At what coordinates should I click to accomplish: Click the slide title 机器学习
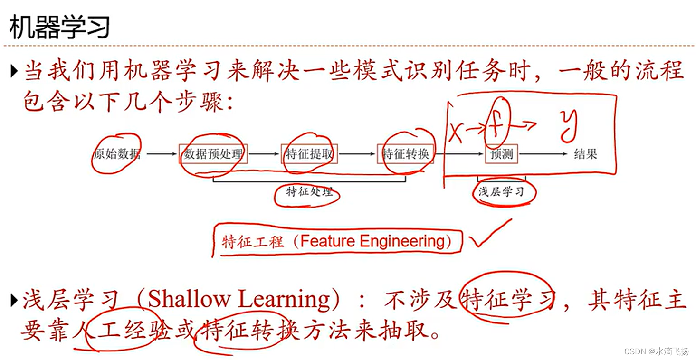59,27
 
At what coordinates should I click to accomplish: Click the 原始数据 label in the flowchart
117,154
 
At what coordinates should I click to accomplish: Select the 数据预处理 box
213,154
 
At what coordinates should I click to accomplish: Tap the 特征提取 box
309,154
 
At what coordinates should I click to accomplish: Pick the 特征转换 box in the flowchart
405,154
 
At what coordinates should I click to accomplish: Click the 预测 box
502,154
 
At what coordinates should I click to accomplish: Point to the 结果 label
585,154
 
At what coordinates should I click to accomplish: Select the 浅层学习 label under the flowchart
501,192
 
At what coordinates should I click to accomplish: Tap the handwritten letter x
456,132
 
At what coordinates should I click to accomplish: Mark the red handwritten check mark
489,235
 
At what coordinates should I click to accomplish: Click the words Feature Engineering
372,241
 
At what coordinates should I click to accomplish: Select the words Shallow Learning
239,300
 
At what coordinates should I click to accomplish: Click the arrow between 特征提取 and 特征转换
357,154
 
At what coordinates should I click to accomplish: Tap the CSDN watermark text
656,351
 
